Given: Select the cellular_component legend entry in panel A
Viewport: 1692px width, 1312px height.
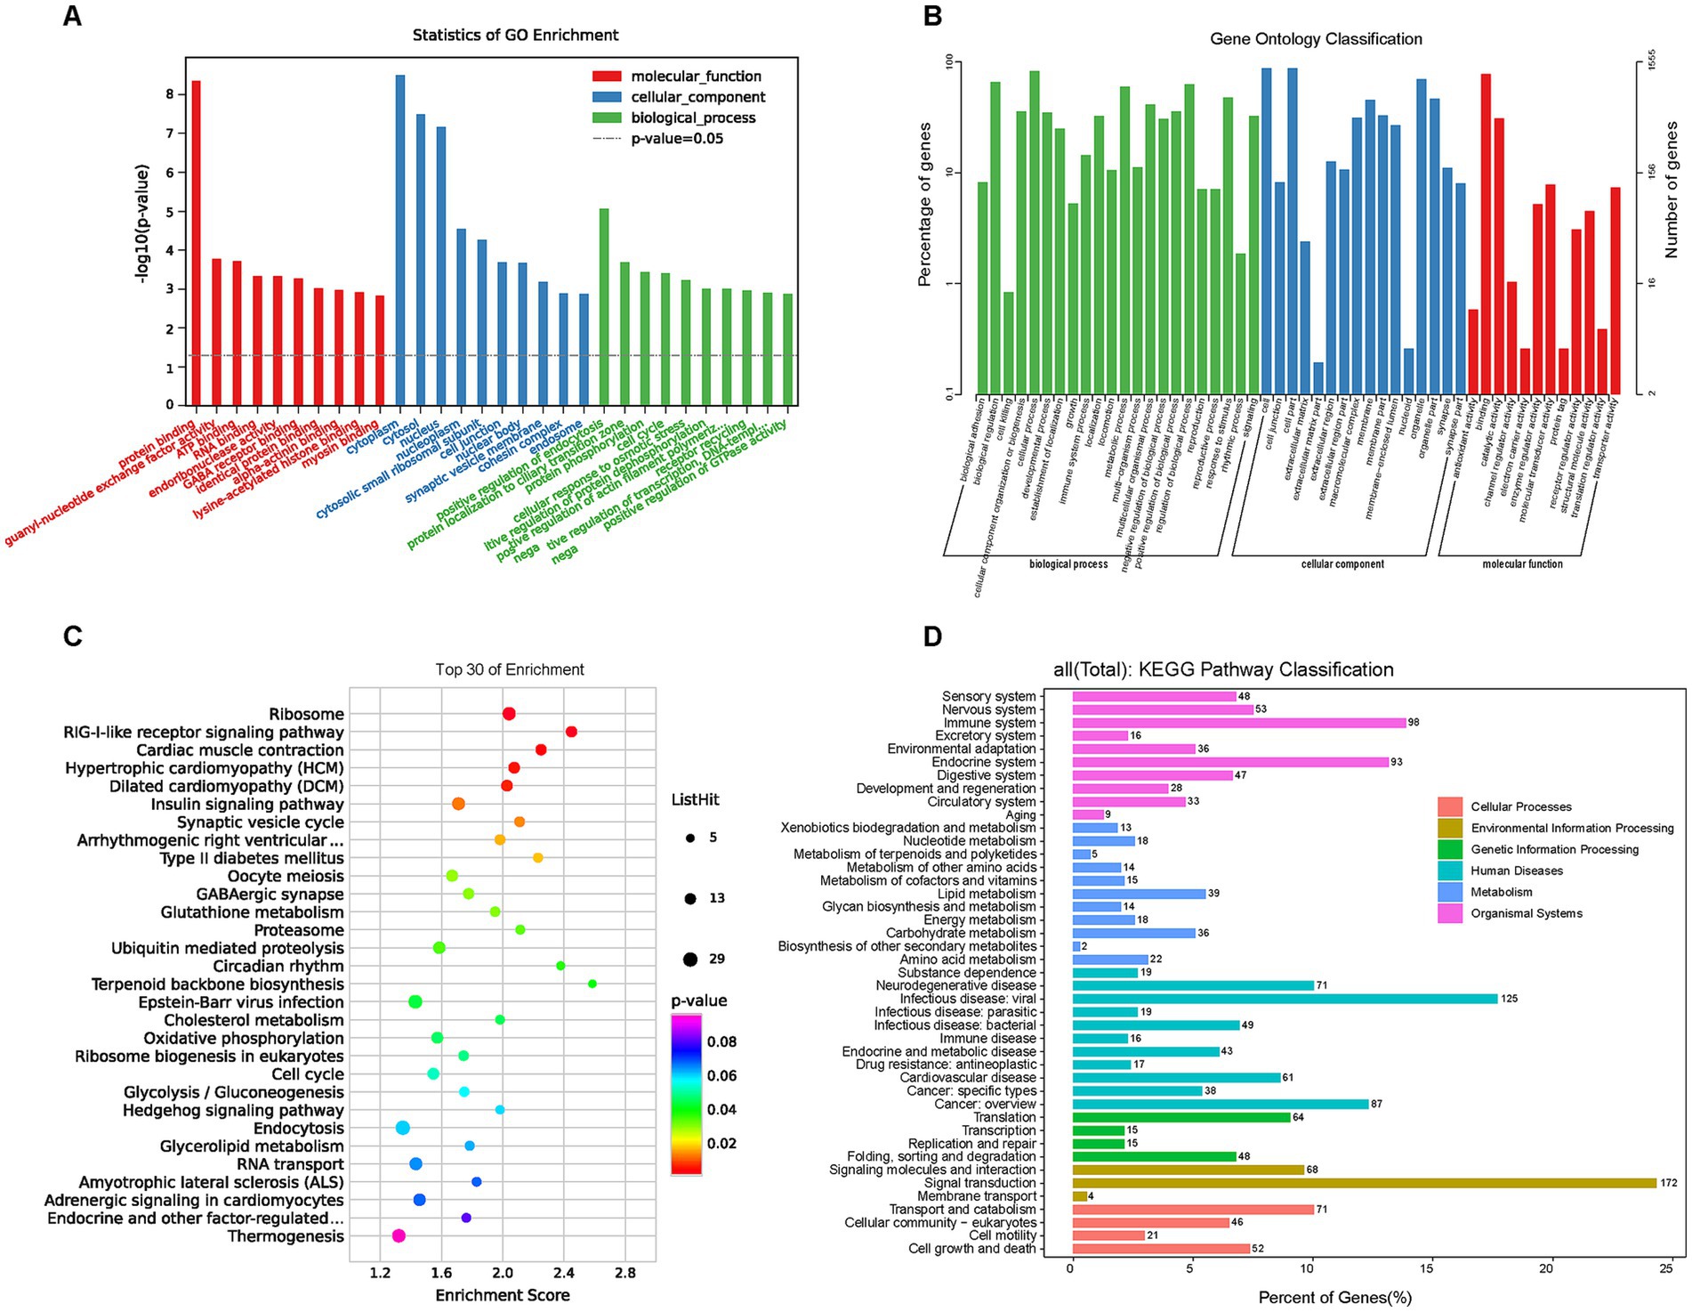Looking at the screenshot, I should pos(697,97).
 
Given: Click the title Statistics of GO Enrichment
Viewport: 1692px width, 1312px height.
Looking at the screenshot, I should pos(515,36).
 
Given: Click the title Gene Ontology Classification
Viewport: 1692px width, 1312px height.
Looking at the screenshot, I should pos(1315,39).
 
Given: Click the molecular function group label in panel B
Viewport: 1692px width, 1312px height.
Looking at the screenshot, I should pos(1521,564).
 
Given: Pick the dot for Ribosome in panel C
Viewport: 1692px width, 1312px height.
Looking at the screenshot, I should pos(509,714).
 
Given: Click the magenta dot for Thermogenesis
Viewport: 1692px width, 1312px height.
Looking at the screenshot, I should pos(399,1235).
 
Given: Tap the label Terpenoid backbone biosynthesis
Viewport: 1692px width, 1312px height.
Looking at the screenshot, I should pos(217,984).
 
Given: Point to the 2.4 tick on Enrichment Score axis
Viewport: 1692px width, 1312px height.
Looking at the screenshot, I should pos(563,1273).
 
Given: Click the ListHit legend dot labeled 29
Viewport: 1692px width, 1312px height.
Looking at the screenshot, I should pos(690,959).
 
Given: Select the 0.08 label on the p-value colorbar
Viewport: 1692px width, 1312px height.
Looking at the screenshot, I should pos(721,1041).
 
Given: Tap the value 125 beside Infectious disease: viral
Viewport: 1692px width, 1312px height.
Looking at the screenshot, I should pos(1509,999).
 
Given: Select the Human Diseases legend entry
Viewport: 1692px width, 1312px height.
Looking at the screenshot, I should pos(1516,871).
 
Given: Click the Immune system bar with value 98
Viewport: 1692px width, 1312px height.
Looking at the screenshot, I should pos(1238,723).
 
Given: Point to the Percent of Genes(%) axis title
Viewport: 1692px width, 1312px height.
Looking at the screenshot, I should pos(1333,1298).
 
